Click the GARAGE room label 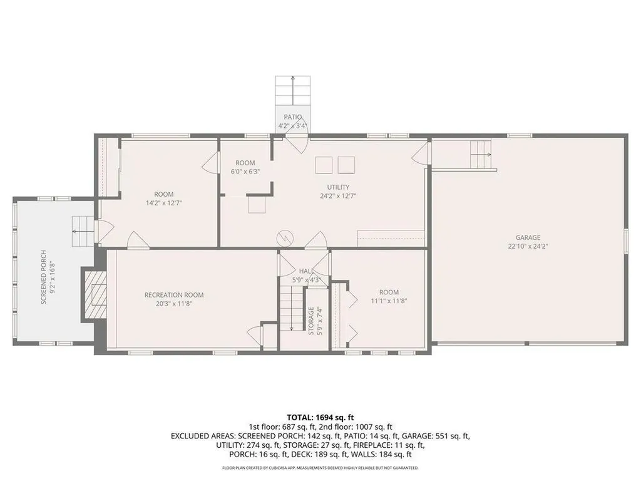(x=528, y=237)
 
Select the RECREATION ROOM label (x=173, y=295)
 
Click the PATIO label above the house (x=292, y=117)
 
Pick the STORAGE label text (x=311, y=321)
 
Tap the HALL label (x=305, y=271)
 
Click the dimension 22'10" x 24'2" (x=528, y=246)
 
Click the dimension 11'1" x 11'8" (x=388, y=301)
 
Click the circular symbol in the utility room (x=285, y=237)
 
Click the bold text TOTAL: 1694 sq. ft (x=320, y=416)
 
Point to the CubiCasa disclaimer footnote (x=320, y=468)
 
